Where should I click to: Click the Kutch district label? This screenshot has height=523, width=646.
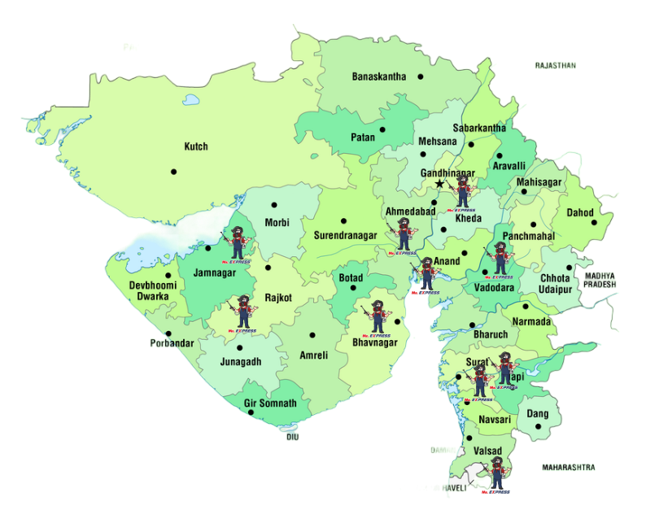(196, 146)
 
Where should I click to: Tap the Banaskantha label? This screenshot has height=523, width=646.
(378, 76)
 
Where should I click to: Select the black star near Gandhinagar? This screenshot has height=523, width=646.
(440, 185)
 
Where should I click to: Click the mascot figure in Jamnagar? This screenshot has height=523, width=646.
(238, 242)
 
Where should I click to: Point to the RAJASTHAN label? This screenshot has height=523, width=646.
(555, 64)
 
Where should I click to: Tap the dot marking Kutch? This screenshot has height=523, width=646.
(173, 171)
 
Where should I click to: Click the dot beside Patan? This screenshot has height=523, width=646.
(382, 129)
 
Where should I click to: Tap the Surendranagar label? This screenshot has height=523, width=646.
(345, 236)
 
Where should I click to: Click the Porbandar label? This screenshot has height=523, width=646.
(172, 343)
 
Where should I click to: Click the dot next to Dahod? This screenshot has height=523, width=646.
(595, 222)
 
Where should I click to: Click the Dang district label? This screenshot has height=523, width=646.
(537, 414)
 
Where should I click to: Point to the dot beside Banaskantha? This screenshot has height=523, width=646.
(421, 76)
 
